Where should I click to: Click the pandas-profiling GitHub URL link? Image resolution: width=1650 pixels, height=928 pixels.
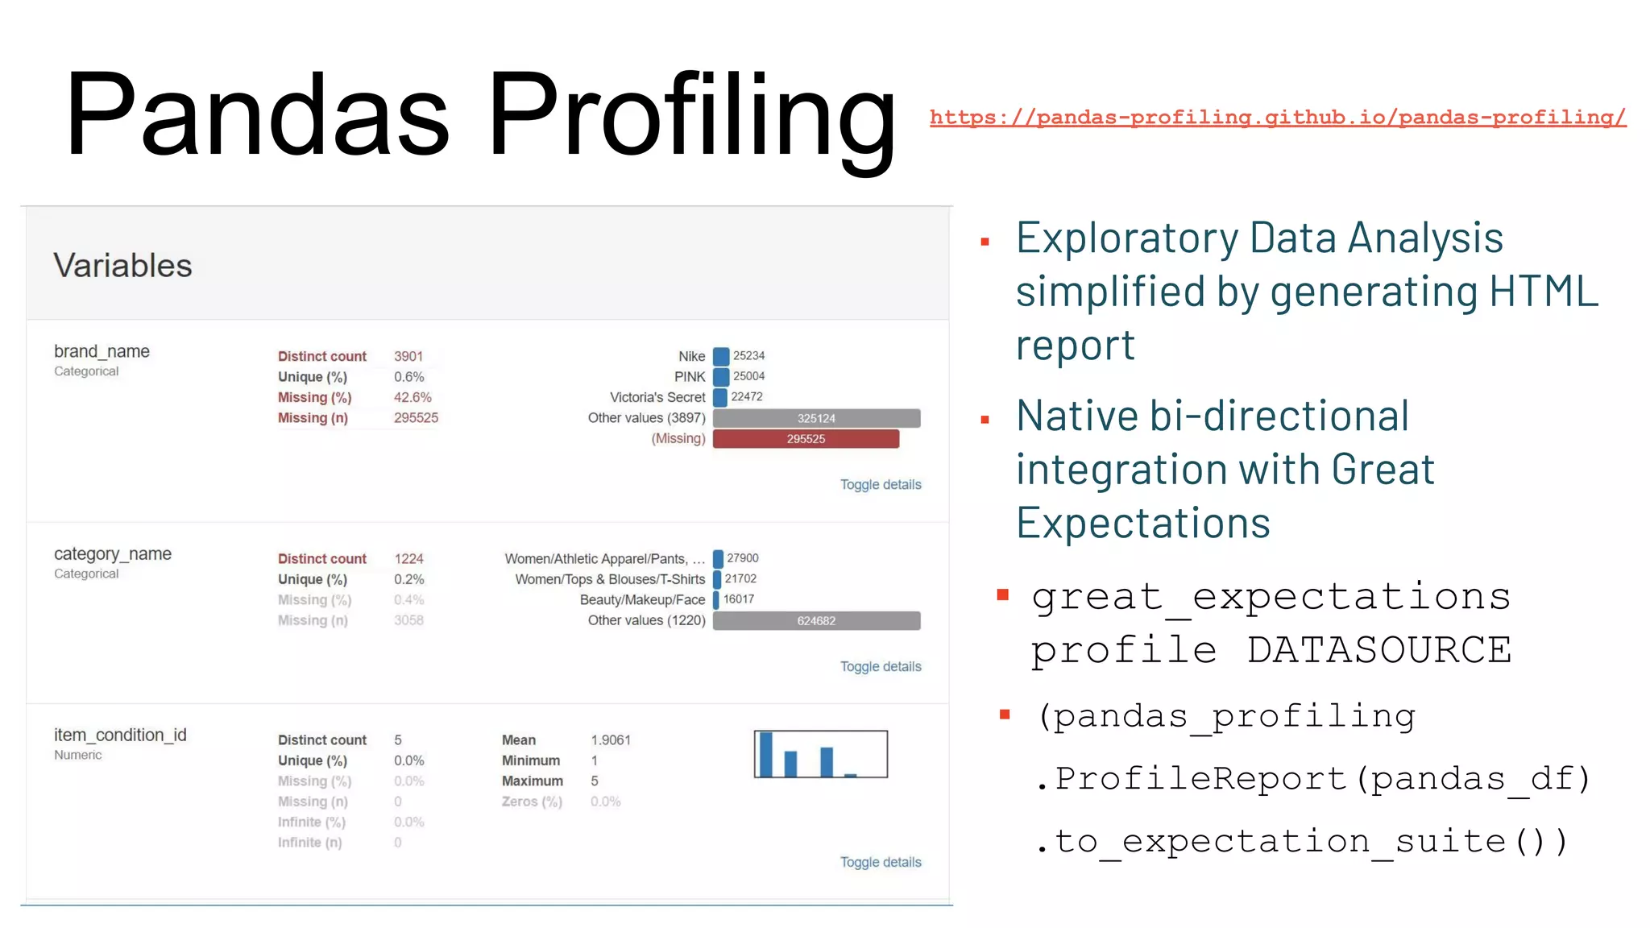(1277, 118)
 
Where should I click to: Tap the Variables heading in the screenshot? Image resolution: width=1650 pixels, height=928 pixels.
(122, 266)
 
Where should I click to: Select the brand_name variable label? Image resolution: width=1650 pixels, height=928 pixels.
(102, 351)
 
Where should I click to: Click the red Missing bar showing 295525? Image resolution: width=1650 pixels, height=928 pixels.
(806, 439)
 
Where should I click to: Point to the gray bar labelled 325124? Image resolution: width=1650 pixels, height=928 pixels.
(816, 418)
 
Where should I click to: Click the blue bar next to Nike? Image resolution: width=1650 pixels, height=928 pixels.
(721, 356)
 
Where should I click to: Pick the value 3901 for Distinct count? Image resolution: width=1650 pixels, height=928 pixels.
(408, 356)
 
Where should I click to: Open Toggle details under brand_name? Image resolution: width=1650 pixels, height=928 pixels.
(880, 485)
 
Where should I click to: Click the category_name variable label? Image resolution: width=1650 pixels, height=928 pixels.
(112, 554)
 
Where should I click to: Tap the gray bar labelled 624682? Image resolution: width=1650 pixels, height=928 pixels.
(816, 621)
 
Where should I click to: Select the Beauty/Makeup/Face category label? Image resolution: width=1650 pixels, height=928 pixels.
(642, 600)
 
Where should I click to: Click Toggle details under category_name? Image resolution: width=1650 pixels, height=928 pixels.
(880, 667)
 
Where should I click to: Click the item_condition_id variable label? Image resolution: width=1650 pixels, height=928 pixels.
(119, 735)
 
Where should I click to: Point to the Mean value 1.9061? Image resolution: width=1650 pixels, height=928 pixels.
(611, 740)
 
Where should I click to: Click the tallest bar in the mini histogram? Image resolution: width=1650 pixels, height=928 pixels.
(766, 755)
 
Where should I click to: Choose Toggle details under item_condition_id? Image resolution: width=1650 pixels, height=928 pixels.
(880, 863)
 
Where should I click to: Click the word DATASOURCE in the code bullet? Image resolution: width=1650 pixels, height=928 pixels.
(1378, 650)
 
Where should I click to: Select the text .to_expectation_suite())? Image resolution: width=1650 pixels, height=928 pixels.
(1302, 842)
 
